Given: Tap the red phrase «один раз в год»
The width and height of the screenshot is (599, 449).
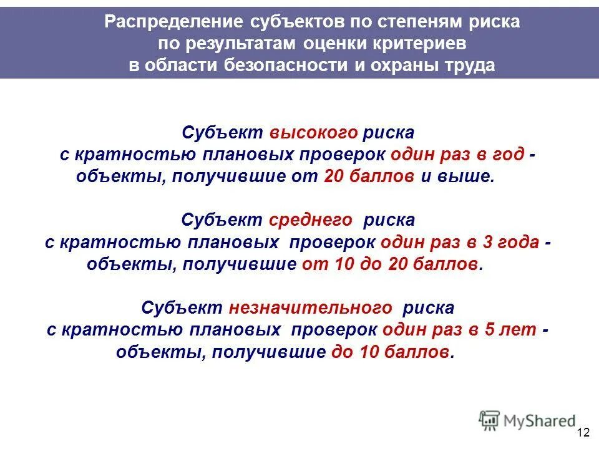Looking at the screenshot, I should pos(457,155).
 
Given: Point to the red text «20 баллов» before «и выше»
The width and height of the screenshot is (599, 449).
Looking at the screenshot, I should pos(369,176).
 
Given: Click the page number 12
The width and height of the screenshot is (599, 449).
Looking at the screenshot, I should pos(583,433).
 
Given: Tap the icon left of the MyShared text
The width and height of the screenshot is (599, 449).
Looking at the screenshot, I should pos(490,420).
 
